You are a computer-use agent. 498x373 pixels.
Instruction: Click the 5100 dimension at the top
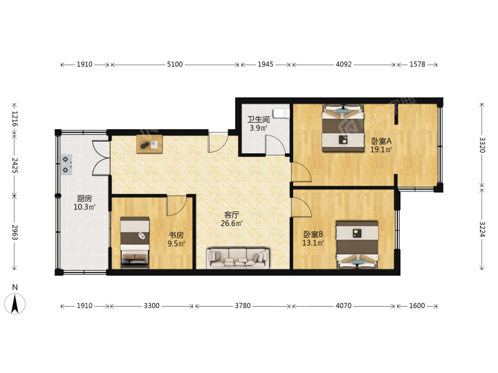[175, 64]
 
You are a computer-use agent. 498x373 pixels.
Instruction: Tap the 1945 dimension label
[266, 64]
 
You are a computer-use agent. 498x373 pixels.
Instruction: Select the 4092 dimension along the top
[344, 64]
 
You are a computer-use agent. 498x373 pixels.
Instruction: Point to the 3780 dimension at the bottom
[243, 306]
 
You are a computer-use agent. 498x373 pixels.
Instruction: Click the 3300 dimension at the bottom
[151, 306]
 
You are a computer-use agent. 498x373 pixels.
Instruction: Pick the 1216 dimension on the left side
[15, 118]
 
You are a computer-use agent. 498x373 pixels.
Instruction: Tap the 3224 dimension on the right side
[482, 229]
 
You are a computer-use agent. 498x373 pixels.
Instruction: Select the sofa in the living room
[238, 258]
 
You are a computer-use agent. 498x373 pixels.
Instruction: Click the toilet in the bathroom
[282, 113]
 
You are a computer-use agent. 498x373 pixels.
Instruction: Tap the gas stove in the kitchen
[66, 164]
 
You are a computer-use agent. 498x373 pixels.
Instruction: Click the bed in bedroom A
[343, 128]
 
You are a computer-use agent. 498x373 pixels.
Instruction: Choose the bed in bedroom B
[358, 245]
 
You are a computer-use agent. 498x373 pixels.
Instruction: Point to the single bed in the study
[135, 242]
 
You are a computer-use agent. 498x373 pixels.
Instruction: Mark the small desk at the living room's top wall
[149, 144]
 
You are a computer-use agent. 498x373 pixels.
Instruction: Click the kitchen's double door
[101, 158]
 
